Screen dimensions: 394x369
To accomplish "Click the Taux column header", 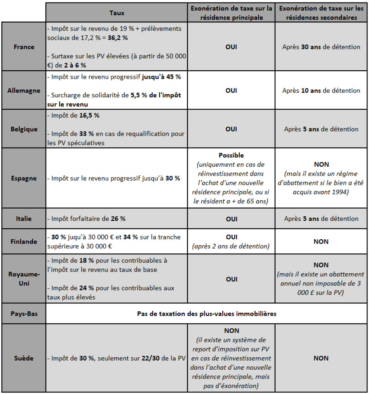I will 117,13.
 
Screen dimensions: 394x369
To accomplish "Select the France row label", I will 24,47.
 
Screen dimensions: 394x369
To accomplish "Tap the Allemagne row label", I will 24,91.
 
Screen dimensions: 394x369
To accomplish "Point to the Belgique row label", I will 24,129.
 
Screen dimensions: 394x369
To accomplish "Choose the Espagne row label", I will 24,178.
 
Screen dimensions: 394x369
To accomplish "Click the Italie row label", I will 24,219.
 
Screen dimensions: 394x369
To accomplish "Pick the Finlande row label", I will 24,242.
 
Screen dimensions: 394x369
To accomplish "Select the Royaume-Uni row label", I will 24,279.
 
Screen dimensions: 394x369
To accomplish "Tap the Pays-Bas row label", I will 24,314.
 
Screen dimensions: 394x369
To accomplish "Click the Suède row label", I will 24,358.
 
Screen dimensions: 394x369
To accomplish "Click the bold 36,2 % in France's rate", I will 117,38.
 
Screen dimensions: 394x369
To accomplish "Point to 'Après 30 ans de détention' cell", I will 321,47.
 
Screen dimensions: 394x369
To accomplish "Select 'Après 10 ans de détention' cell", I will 321,91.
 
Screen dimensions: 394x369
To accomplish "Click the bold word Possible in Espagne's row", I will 231,155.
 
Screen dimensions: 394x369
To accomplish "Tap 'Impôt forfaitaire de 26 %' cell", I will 86,219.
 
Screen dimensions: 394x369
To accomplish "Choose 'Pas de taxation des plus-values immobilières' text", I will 207,314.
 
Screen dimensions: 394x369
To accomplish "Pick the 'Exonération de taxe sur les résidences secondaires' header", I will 321,13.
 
